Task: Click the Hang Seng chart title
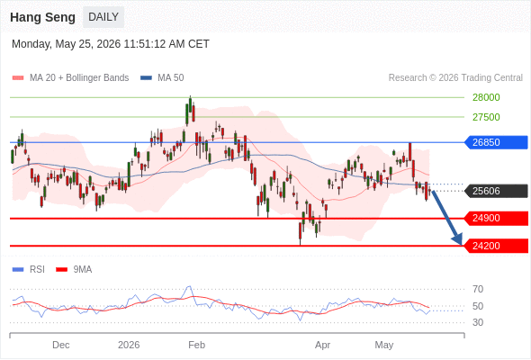(x=42, y=17)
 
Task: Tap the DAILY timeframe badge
(x=103, y=17)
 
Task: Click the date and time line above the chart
(x=111, y=44)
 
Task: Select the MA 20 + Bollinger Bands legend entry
(x=70, y=78)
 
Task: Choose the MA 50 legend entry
(x=162, y=78)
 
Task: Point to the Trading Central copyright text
(x=455, y=78)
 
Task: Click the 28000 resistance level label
(x=486, y=97)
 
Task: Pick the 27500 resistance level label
(x=486, y=117)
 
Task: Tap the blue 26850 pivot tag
(x=496, y=142)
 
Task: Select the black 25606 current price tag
(x=496, y=191)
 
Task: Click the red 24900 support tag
(x=496, y=218)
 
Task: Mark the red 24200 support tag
(x=496, y=246)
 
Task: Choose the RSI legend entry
(x=29, y=270)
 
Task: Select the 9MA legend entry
(x=74, y=270)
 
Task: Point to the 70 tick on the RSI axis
(x=478, y=289)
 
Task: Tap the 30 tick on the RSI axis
(x=478, y=322)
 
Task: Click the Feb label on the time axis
(x=197, y=345)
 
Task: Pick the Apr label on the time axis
(x=322, y=346)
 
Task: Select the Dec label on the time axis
(x=61, y=345)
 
